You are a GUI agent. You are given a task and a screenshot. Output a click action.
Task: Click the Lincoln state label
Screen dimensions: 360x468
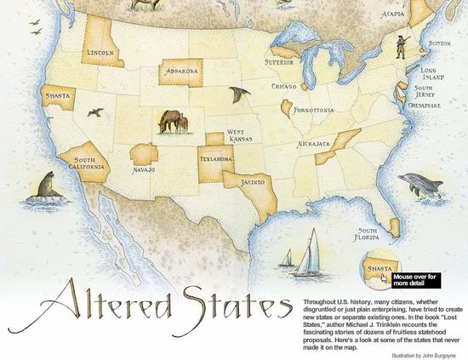100,53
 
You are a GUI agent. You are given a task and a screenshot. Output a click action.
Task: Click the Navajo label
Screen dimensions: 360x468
143,170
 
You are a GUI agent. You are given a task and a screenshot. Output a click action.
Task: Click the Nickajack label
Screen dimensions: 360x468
313,145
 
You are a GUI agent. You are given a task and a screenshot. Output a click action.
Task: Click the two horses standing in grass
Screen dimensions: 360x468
170,122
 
